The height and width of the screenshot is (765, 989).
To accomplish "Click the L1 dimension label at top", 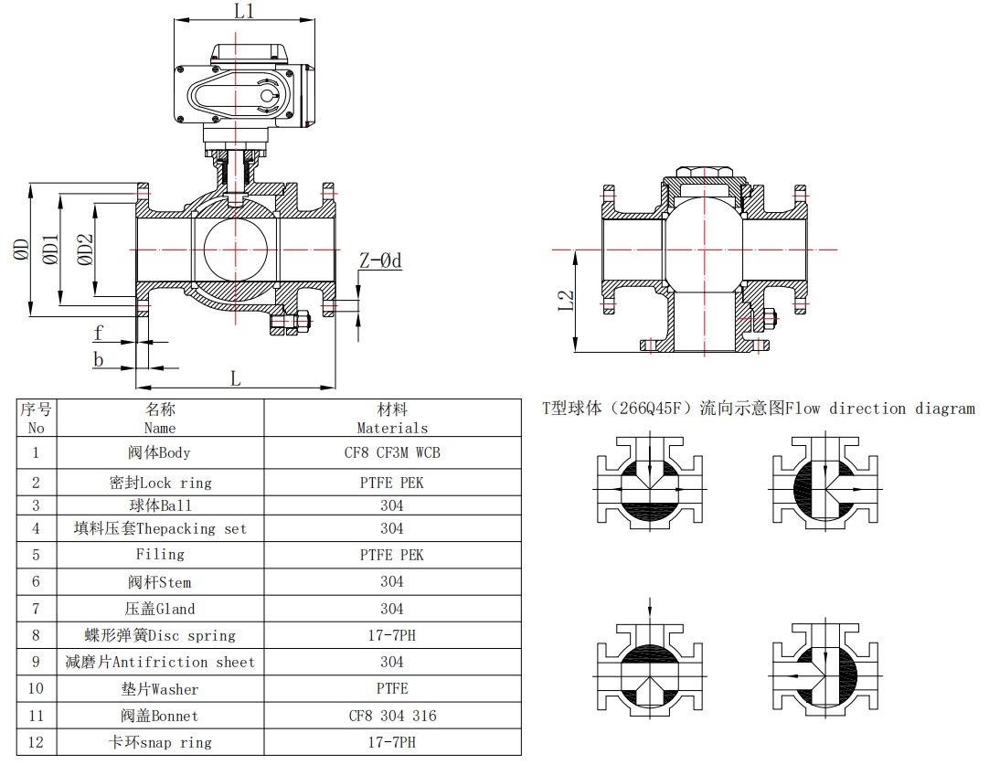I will tap(243, 12).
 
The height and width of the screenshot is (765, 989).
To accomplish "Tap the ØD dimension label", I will tap(21, 250).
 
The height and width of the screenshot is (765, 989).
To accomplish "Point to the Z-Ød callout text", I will tap(379, 260).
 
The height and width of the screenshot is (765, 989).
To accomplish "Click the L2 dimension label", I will tap(566, 301).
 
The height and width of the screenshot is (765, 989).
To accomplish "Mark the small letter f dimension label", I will tap(98, 332).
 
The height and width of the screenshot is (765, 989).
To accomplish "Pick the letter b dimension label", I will tap(98, 359).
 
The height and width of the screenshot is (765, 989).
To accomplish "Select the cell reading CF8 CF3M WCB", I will tap(392, 452).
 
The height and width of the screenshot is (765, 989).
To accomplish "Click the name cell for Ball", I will tap(159, 505).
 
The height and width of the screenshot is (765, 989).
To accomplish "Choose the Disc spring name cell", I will tap(159, 635).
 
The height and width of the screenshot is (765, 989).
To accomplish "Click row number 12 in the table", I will tap(36, 742).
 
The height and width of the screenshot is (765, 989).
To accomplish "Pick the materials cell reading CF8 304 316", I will tap(392, 716).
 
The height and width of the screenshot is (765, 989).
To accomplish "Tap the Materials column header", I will tap(392, 419).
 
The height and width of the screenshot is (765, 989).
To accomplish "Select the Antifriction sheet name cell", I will tap(159, 662).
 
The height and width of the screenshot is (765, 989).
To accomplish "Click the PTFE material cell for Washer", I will tap(392, 688).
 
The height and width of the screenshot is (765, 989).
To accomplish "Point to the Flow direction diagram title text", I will tap(759, 409).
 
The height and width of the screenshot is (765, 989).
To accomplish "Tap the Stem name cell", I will tap(159, 581).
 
